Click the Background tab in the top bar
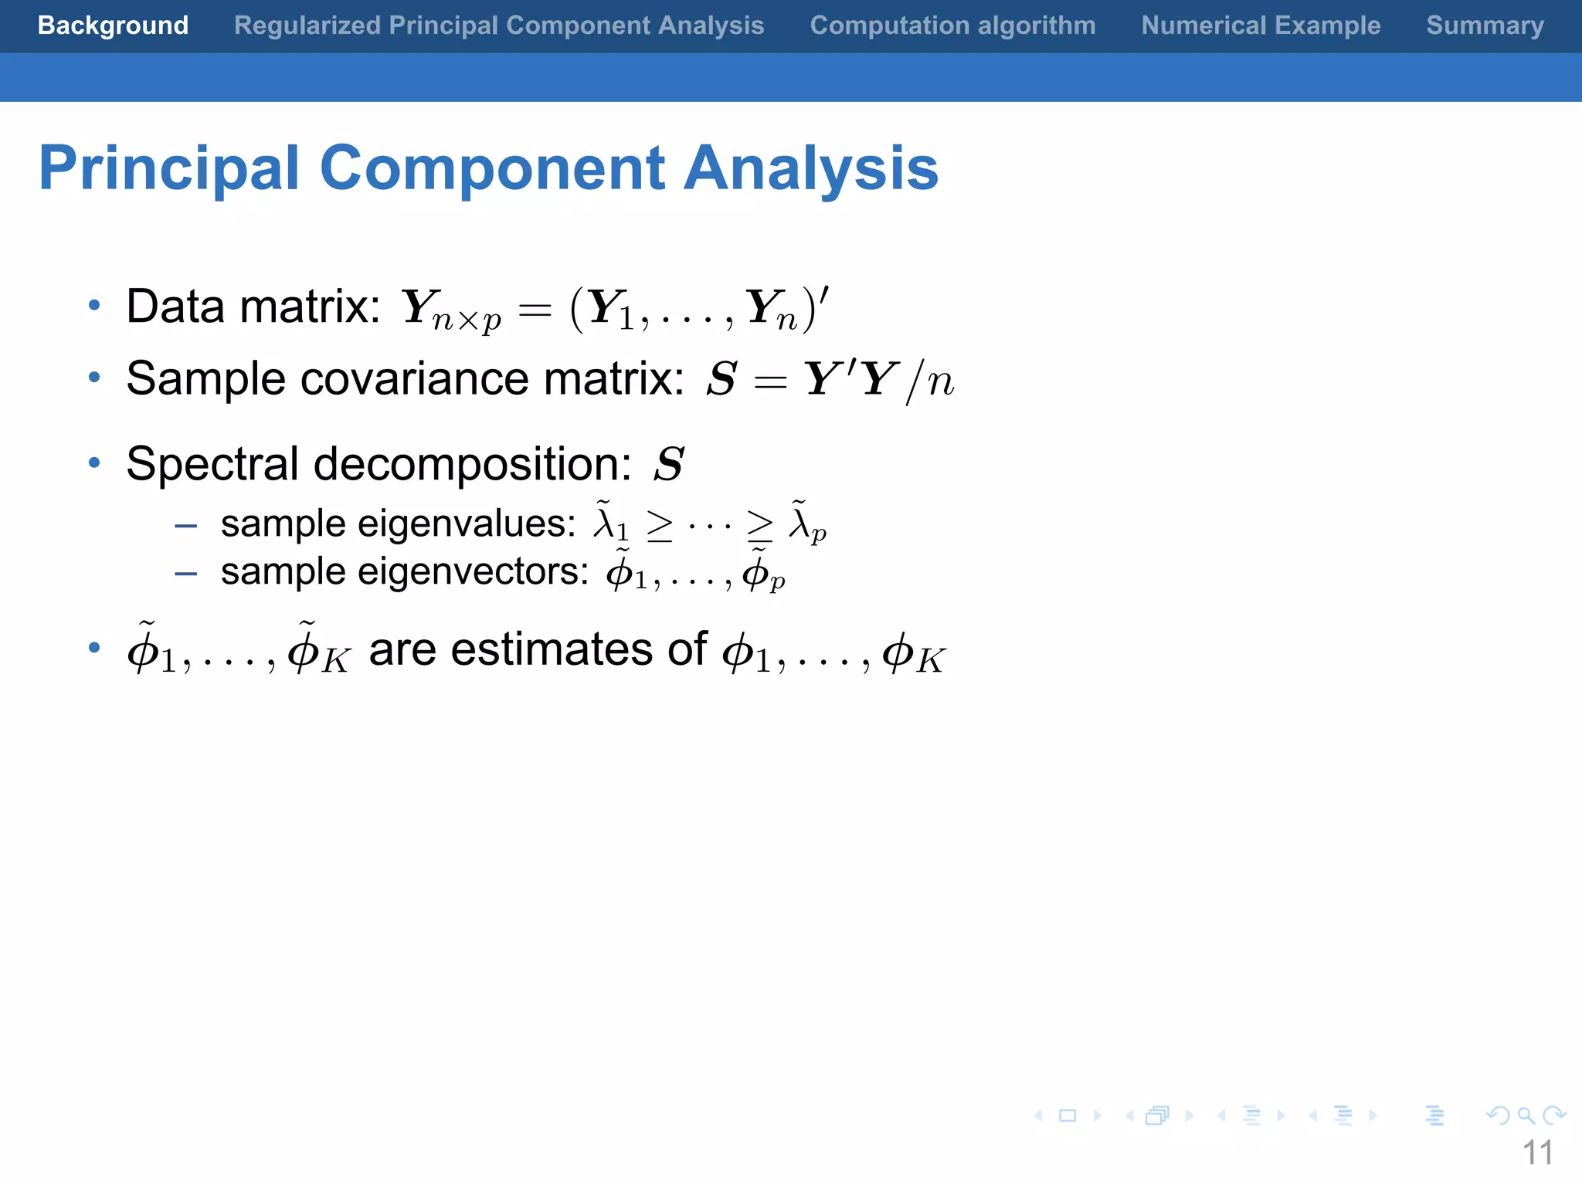[x=113, y=25]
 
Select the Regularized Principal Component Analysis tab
[x=499, y=25]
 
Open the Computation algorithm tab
[x=952, y=25]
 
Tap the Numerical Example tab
[x=1261, y=25]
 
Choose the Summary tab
[x=1485, y=25]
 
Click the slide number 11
[x=1537, y=1153]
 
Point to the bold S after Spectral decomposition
[x=669, y=464]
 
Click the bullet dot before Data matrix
[x=94, y=306]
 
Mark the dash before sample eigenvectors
[x=185, y=574]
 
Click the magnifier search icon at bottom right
[x=1526, y=1116]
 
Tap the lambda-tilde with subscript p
[x=806, y=523]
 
